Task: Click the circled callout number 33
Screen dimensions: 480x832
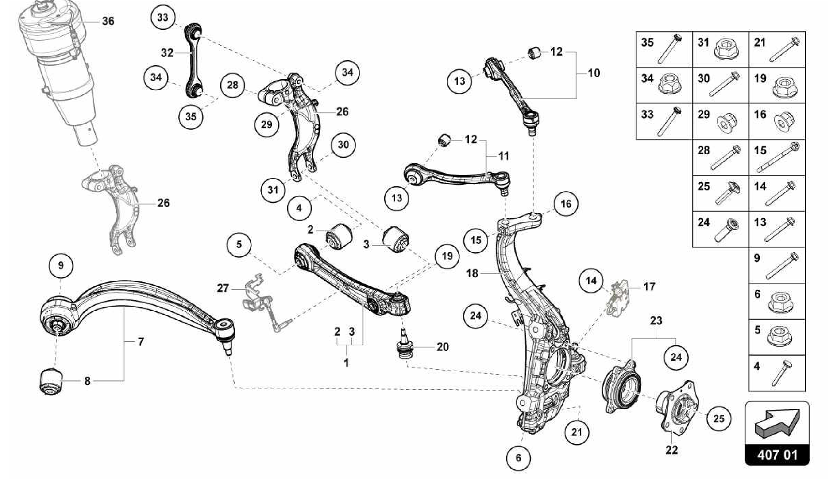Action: (x=162, y=17)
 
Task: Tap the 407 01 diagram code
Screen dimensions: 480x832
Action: (x=777, y=455)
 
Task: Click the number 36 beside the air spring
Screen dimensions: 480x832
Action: (x=108, y=21)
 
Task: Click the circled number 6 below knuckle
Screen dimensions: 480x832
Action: (x=518, y=458)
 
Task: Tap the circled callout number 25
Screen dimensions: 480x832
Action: (x=719, y=419)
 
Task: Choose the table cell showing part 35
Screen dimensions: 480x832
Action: (x=664, y=50)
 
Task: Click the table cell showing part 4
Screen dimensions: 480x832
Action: (x=777, y=373)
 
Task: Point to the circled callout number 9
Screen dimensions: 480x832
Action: (x=61, y=266)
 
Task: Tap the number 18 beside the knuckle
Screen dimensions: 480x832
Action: (x=472, y=273)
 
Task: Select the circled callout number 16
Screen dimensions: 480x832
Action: (x=565, y=204)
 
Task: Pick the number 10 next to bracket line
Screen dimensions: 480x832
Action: (x=594, y=73)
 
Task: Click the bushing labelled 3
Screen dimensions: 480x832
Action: (x=396, y=239)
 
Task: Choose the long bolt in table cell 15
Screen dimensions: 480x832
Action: (x=778, y=159)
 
